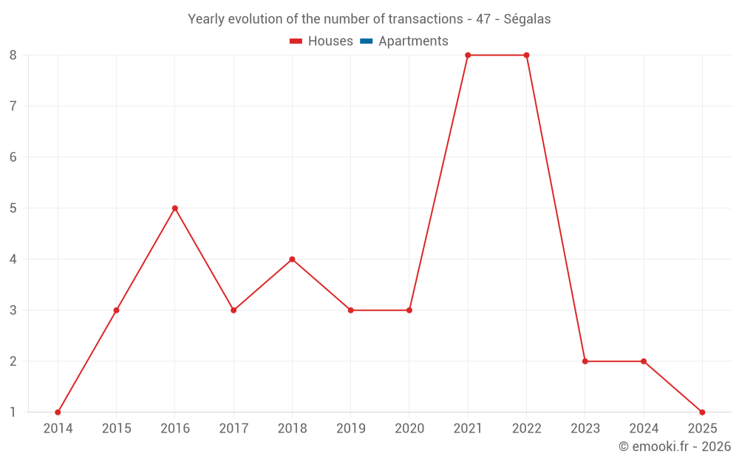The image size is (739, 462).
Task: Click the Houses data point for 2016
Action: [x=175, y=208]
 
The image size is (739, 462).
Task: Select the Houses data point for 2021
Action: [x=468, y=55]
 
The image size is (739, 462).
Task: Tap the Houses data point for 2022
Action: [x=526, y=55]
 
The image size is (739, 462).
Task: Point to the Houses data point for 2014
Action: [x=58, y=412]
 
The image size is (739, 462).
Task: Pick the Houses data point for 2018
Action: [x=292, y=259]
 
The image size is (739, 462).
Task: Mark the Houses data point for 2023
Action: [x=585, y=361]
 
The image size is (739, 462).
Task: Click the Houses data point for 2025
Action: [x=702, y=412]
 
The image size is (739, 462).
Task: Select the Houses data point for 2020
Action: [x=409, y=310]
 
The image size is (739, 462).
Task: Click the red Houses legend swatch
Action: [x=296, y=41]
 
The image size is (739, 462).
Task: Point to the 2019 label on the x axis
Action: [x=351, y=429]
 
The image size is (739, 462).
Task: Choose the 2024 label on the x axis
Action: [x=644, y=429]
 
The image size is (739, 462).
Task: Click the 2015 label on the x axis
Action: [x=117, y=429]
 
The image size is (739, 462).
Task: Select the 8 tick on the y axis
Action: [x=13, y=55]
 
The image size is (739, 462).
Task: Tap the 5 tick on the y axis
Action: [x=13, y=208]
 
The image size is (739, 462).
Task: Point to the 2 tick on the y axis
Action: [x=13, y=361]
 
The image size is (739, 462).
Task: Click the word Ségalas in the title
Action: [x=527, y=19]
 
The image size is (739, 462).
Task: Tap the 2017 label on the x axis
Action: [x=234, y=429]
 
